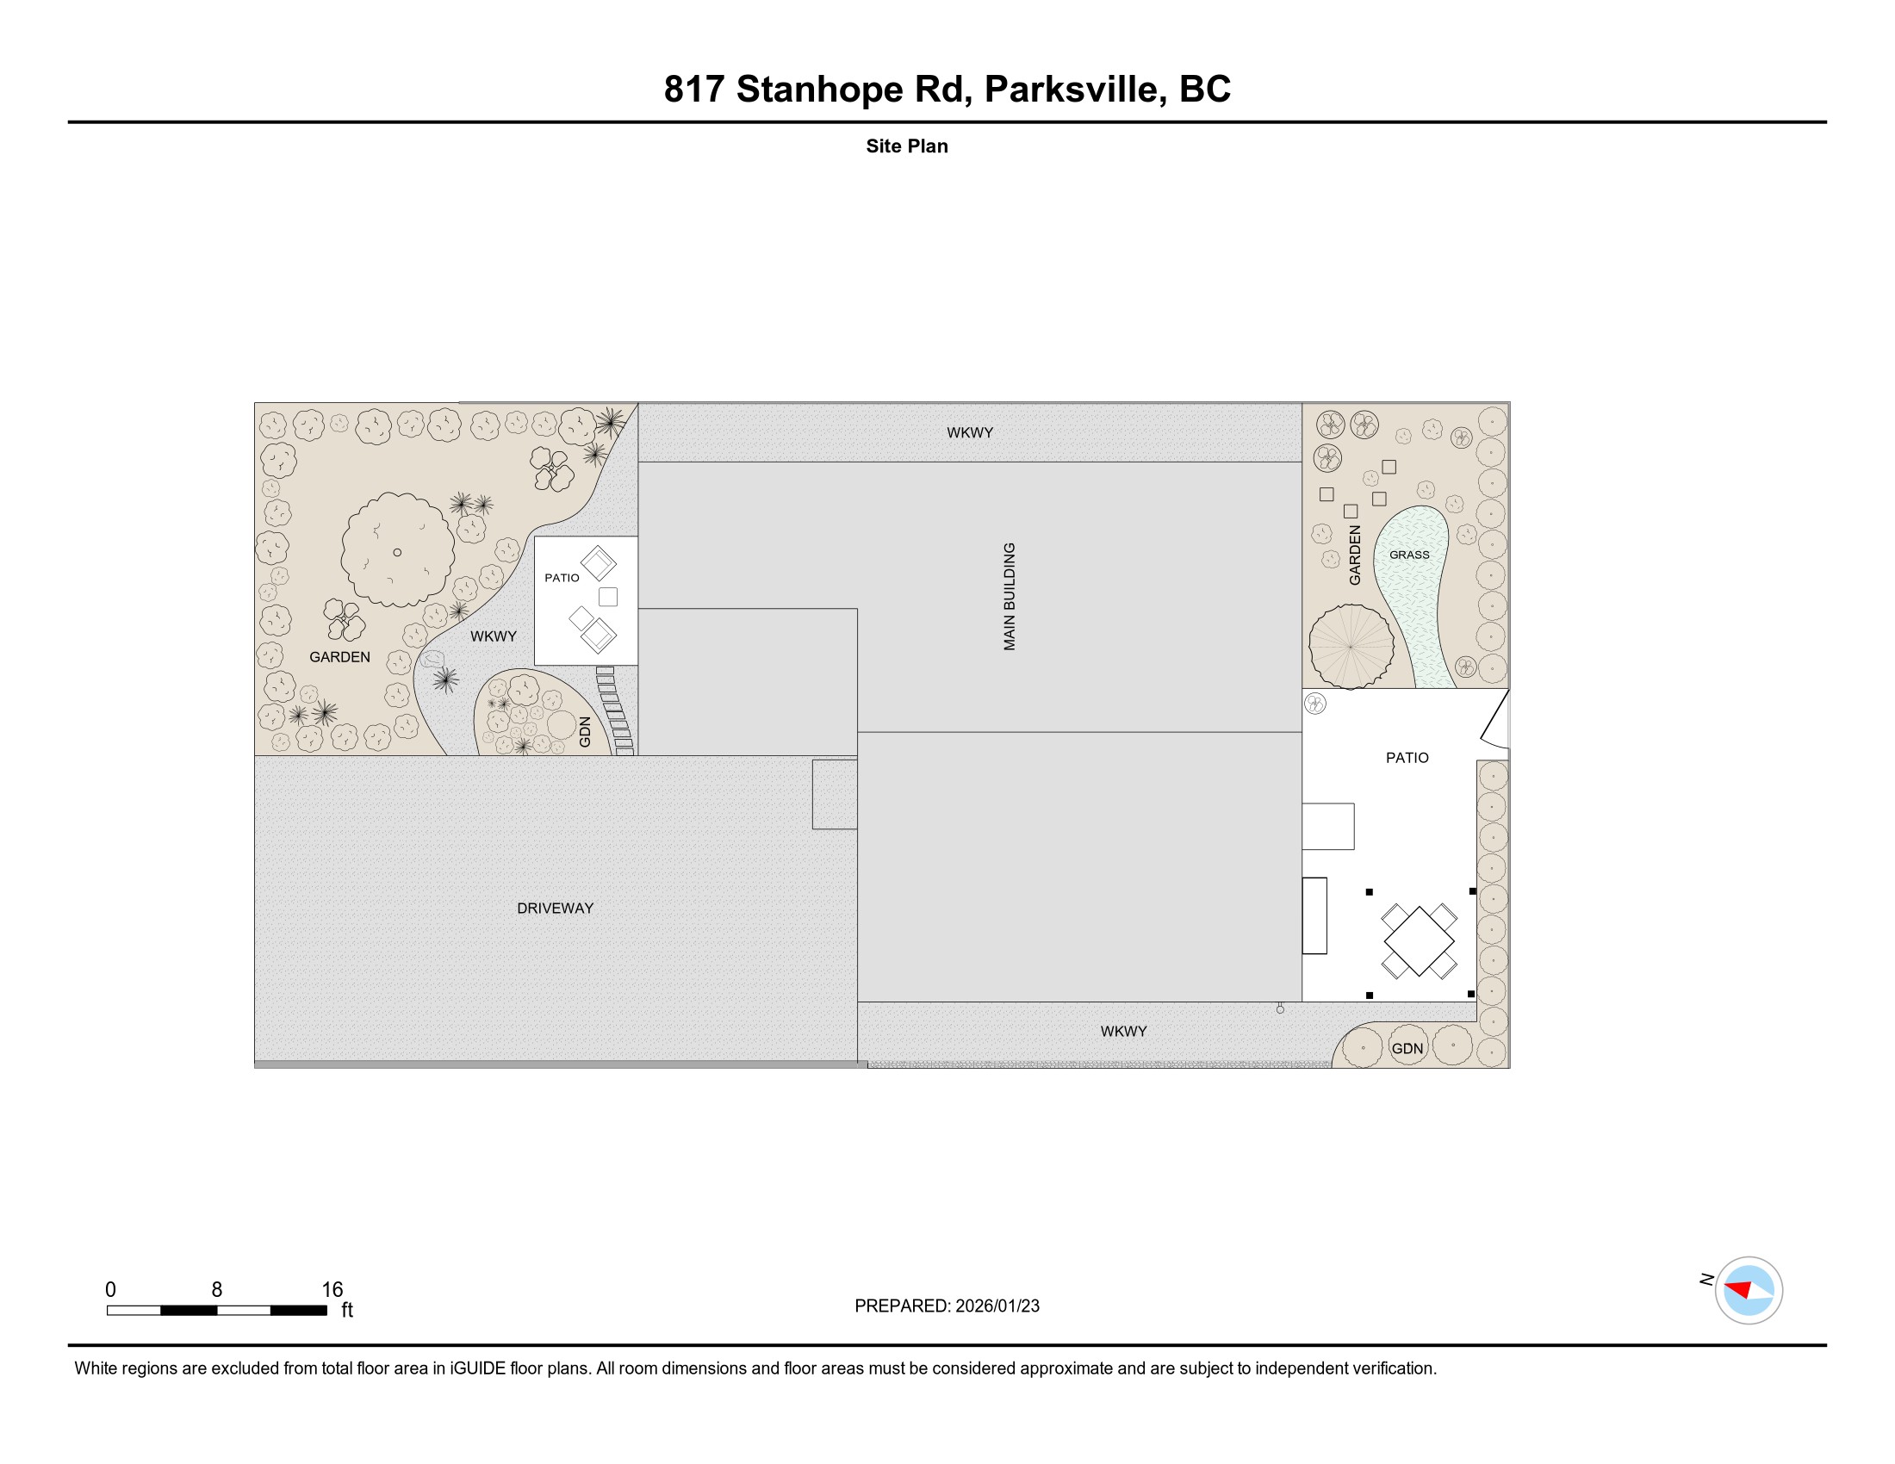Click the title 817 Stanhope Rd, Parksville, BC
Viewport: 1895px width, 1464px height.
(947, 90)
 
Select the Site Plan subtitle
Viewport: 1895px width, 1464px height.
(907, 146)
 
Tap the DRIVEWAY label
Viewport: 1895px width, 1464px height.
(556, 908)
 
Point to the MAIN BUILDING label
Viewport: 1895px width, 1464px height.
(1010, 597)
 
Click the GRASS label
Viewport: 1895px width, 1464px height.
(1409, 555)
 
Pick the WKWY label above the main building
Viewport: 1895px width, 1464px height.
(970, 432)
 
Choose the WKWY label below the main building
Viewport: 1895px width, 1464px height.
(1123, 1031)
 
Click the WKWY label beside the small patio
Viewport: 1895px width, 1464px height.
(493, 636)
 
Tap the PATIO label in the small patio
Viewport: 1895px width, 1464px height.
(562, 578)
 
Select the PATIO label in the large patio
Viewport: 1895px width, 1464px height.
(1407, 757)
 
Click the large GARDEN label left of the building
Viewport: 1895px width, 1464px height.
(339, 656)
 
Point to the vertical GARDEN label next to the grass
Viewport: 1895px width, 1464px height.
(1354, 555)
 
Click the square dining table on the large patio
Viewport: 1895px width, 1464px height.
(1419, 941)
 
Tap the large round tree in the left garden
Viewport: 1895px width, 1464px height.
(397, 550)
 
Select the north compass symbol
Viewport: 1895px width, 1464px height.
(1749, 1290)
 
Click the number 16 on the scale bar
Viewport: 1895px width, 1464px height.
(332, 1289)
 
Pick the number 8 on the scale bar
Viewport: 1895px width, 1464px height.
(217, 1289)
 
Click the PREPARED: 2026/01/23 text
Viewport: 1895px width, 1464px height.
(947, 1306)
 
